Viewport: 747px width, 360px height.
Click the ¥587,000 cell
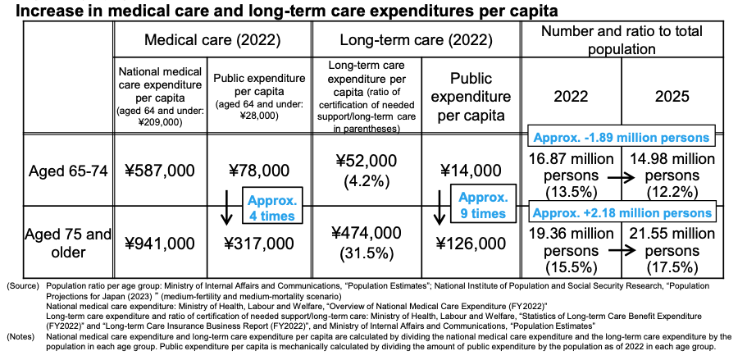[x=160, y=171]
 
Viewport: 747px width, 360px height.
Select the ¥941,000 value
[x=160, y=244]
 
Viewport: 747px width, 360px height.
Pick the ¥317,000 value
[x=258, y=244]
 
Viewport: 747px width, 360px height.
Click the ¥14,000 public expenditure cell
[x=471, y=171]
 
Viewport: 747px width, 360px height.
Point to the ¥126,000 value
[x=471, y=244]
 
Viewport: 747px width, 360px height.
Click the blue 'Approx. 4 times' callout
[x=272, y=205]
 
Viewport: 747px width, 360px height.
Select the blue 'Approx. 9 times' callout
[x=483, y=204]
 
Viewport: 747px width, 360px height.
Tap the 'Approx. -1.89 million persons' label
[x=622, y=137]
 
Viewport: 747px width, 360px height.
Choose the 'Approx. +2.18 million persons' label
[x=622, y=212]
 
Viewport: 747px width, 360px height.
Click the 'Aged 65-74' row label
[x=68, y=171]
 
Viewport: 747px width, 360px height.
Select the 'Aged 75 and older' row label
[x=68, y=243]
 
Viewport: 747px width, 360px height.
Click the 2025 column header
[x=672, y=96]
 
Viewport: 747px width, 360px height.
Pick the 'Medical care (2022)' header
[x=212, y=40]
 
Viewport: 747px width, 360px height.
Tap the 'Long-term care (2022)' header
[x=416, y=40]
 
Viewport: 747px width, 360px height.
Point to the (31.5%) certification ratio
[x=367, y=253]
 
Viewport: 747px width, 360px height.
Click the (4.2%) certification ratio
[x=367, y=181]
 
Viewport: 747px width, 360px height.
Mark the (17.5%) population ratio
[x=672, y=267]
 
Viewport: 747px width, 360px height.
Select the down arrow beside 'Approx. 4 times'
[x=227, y=207]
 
